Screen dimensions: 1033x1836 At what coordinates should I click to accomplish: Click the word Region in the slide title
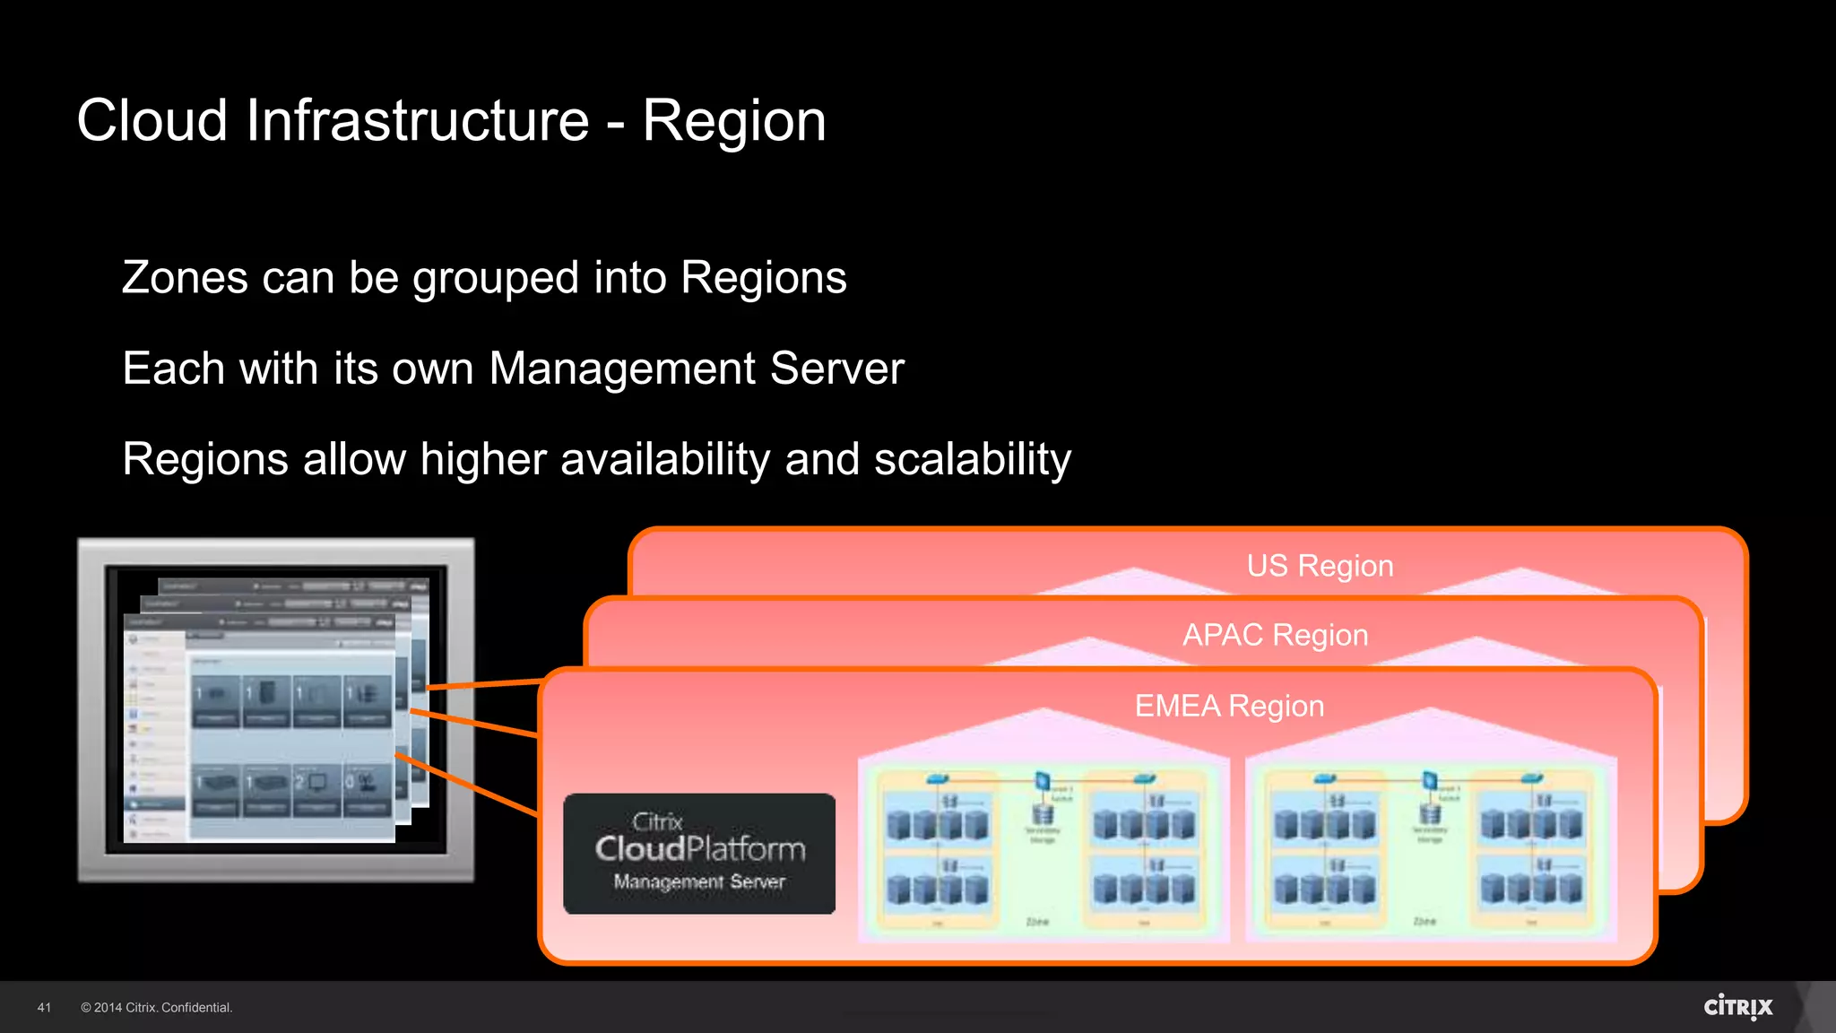[733, 121]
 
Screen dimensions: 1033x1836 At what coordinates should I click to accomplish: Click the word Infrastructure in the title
[417, 121]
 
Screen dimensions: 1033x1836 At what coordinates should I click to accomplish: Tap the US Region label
[1320, 566]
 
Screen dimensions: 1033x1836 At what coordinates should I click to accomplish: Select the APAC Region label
[1275, 635]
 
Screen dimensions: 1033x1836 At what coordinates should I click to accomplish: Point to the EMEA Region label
[1229, 706]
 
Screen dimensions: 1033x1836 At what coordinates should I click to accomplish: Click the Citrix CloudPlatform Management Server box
[699, 853]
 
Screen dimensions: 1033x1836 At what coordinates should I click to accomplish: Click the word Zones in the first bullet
[184, 278]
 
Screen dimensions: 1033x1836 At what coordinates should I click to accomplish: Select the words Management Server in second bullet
[697, 369]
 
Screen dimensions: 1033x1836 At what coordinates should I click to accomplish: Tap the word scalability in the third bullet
[972, 459]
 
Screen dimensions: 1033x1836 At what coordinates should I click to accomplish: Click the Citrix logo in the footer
[1737, 1006]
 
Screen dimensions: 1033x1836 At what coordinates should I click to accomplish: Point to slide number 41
[44, 1008]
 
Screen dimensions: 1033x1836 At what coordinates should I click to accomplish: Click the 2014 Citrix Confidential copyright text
[156, 1008]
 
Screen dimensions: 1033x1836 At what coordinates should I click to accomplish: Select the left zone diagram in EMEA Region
[1044, 847]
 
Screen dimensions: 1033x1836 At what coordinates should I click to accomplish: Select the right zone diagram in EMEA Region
[1431, 847]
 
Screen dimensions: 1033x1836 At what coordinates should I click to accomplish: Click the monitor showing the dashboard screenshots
[275, 709]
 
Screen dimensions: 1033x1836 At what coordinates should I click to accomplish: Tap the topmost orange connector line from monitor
[484, 685]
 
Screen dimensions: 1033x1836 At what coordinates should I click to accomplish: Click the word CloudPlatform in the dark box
[700, 848]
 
